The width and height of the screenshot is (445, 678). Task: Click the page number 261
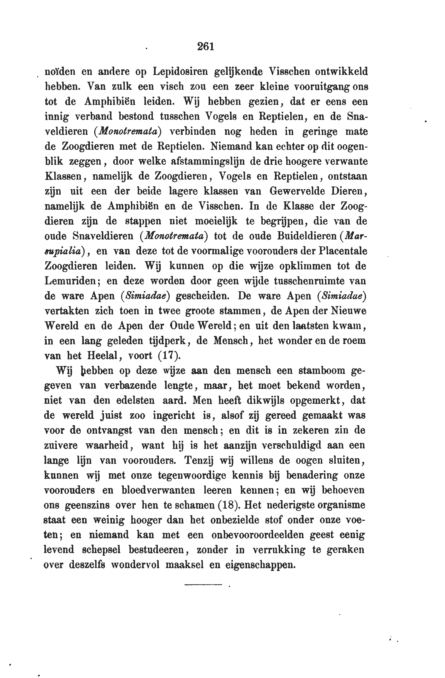[x=206, y=46]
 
